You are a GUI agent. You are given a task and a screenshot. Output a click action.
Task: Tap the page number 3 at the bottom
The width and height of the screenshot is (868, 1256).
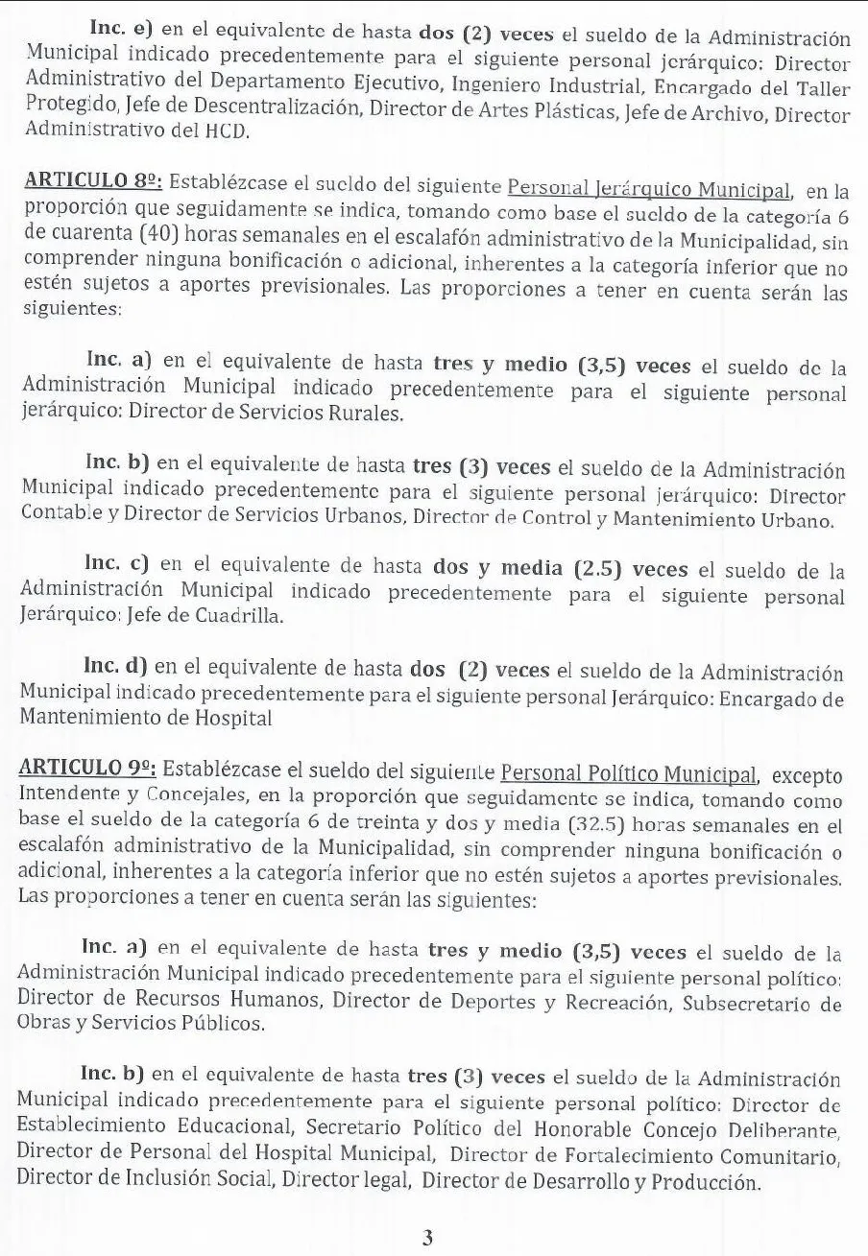(x=427, y=1238)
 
